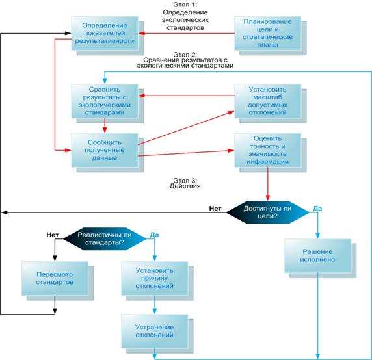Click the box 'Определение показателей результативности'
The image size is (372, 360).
[105, 33]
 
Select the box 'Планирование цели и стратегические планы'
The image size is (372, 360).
[268, 33]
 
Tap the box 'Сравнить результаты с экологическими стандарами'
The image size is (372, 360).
[105, 101]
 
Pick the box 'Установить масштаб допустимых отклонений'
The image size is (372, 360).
[268, 101]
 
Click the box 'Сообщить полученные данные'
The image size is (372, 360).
[105, 150]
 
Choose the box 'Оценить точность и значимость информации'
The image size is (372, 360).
[268, 150]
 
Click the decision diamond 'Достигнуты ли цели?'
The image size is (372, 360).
[268, 212]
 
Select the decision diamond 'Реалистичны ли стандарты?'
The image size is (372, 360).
[105, 238]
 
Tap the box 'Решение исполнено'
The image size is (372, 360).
[317, 255]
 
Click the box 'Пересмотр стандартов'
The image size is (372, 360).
[55, 278]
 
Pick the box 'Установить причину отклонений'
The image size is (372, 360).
[155, 278]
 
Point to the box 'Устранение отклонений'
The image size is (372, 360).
[155, 331]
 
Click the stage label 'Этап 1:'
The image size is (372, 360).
[185, 5]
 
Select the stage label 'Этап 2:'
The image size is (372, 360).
[185, 55]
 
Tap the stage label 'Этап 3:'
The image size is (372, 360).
[185, 181]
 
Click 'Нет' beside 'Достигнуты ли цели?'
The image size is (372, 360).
[215, 209]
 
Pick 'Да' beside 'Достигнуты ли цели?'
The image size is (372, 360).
[317, 209]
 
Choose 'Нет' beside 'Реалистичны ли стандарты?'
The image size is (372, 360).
[53, 235]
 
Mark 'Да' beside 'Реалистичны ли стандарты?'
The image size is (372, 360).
[154, 235]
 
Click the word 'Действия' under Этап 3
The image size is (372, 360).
[185, 186]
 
